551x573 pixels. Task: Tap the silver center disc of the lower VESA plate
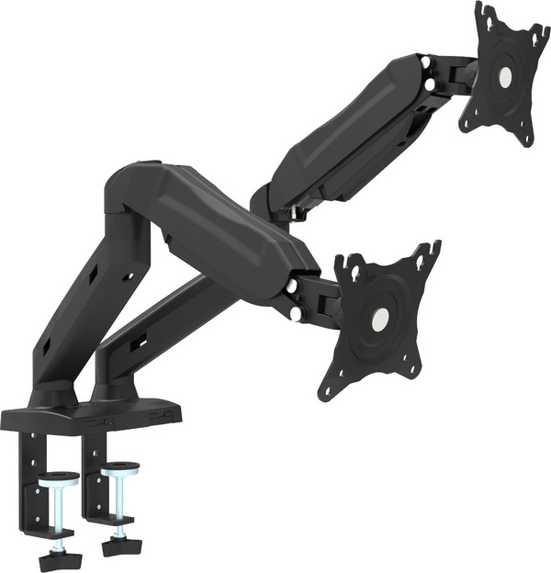pyautogui.click(x=377, y=319)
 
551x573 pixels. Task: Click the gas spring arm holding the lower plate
pyautogui.click(x=230, y=230)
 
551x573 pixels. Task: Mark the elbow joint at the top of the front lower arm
pyautogui.click(x=129, y=193)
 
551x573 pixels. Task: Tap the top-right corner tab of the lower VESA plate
pyautogui.click(x=429, y=254)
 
